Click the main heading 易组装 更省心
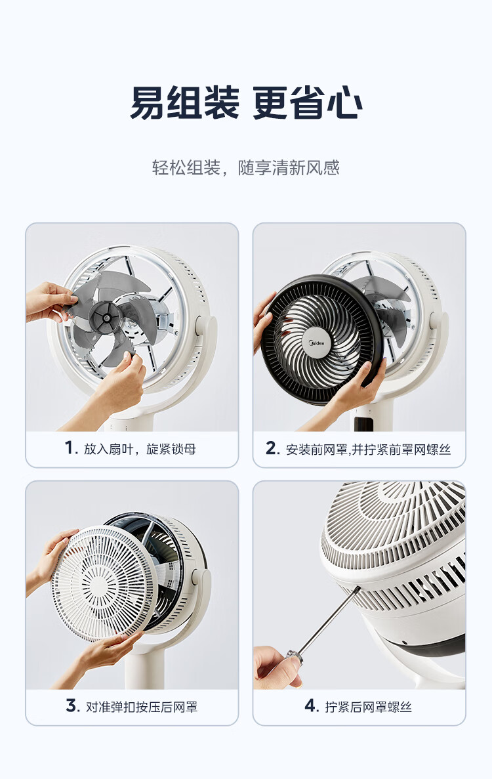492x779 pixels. click(x=246, y=103)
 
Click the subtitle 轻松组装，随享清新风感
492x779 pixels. click(x=246, y=167)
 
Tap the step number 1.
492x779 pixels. click(x=71, y=448)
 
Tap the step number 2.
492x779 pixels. click(x=272, y=448)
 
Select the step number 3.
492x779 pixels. click(x=72, y=705)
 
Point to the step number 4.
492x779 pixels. click(x=312, y=705)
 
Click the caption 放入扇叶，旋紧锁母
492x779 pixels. click(x=140, y=449)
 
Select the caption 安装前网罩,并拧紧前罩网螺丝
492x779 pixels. click(x=369, y=449)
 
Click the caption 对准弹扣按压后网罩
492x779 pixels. click(x=142, y=707)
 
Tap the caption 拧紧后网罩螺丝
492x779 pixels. click(x=369, y=707)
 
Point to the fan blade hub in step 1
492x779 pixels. click(x=105, y=316)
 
